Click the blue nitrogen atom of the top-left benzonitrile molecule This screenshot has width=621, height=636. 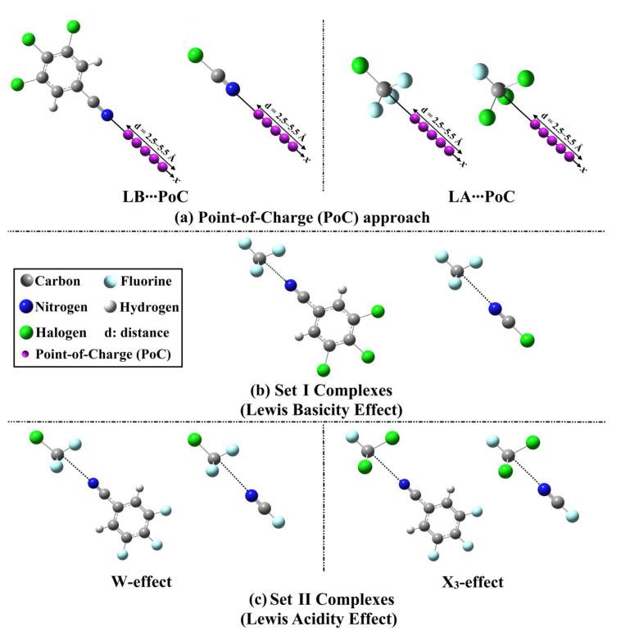click(x=107, y=115)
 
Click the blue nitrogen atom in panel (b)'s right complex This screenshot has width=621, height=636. click(x=494, y=308)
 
